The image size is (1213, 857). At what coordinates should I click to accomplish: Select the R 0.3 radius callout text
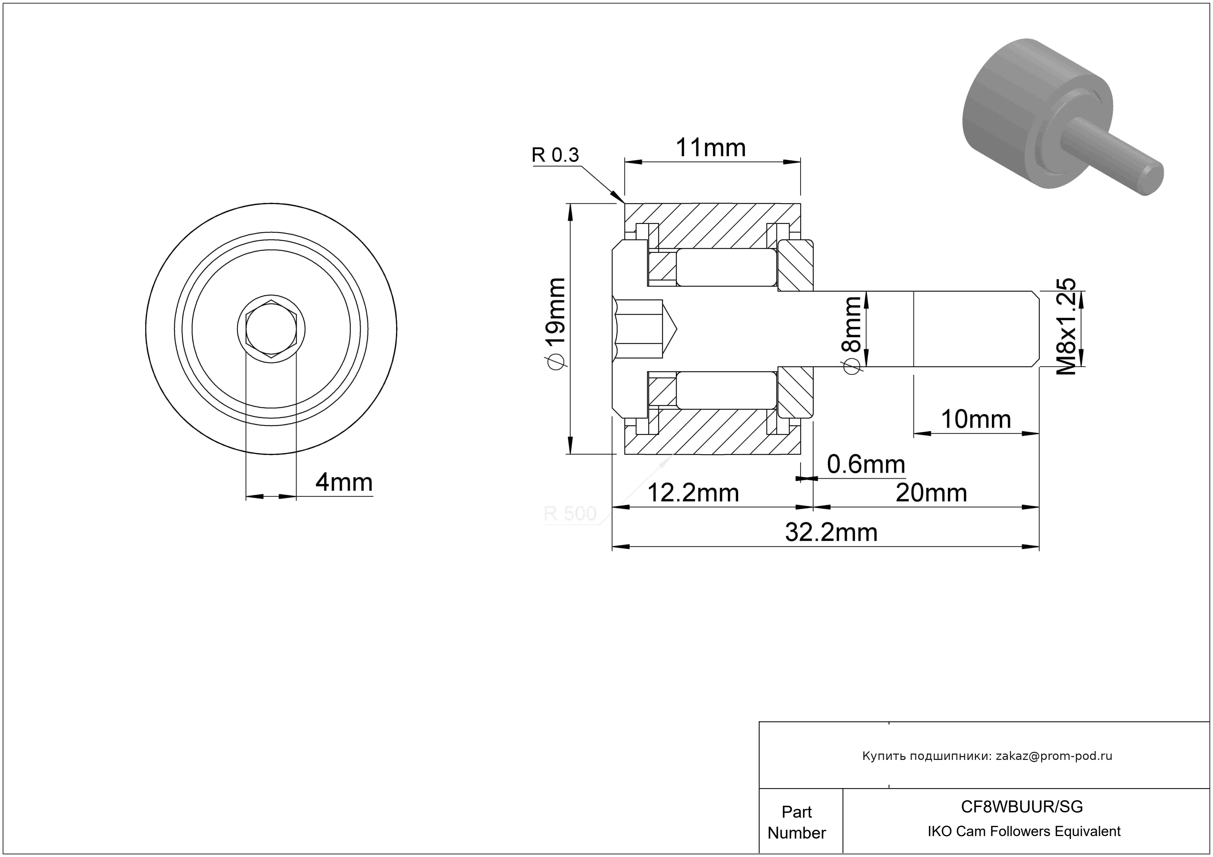pos(555,155)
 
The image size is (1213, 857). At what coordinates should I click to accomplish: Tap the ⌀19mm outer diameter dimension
pos(556,324)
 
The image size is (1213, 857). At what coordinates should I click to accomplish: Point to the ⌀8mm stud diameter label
pos(852,335)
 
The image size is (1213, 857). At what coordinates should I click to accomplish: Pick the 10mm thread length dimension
pos(976,419)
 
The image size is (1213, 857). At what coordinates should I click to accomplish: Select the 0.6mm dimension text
pos(866,464)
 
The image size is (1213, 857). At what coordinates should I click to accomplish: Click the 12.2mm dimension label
pos(693,493)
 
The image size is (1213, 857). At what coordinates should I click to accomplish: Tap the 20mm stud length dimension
pos(931,493)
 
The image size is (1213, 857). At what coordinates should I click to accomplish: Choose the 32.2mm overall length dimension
pos(831,532)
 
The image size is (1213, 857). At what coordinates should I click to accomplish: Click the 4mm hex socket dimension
pos(344,483)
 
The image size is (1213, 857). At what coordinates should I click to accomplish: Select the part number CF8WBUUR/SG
pos(1022,806)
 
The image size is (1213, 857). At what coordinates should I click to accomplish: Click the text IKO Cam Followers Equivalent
pos(1024,831)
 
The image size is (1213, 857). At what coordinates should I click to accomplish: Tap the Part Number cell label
pos(797,822)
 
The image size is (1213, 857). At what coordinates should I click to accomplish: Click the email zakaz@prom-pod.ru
pos(1054,756)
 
